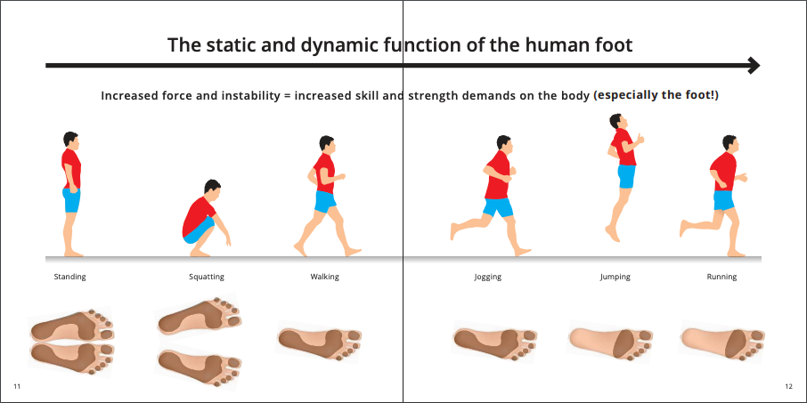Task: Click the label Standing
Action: tap(70, 277)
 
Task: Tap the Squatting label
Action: tap(207, 277)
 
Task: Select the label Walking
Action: tap(325, 277)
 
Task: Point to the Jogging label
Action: tap(488, 277)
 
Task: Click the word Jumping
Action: tap(615, 277)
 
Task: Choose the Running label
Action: tap(721, 277)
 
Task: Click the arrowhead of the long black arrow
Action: tap(754, 65)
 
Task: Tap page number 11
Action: tap(16, 386)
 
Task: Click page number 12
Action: tap(789, 386)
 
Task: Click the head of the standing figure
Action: tap(71, 140)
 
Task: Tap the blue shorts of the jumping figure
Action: tap(626, 176)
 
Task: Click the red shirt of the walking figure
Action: tap(324, 173)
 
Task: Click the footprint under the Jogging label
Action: tap(495, 341)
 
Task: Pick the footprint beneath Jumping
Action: tap(611, 341)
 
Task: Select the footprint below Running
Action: tap(722, 341)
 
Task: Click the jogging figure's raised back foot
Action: tap(453, 230)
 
